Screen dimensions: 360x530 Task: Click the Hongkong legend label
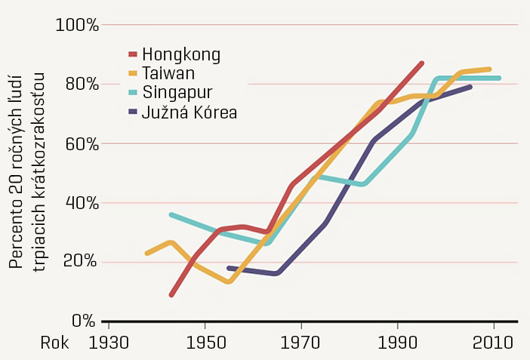[181, 54]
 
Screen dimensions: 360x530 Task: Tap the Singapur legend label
[177, 93]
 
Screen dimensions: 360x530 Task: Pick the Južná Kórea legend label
[190, 112]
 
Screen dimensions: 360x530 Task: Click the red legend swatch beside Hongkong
[134, 54]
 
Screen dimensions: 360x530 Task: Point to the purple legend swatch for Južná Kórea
[134, 112]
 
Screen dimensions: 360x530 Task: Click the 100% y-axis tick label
[78, 25]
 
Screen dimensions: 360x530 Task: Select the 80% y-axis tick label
[81, 84]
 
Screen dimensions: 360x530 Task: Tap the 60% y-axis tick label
[81, 143]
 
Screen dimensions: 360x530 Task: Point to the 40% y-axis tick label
[81, 202]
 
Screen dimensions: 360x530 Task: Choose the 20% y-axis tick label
[81, 262]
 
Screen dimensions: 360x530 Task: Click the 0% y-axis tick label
[85, 321]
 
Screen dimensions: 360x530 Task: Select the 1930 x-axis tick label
[109, 342]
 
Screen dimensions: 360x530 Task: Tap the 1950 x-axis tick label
[205, 342]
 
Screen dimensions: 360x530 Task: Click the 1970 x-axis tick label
[301, 342]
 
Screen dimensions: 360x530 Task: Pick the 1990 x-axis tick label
[398, 342]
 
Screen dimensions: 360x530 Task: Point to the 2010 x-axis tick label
[494, 342]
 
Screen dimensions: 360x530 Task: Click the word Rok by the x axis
[54, 342]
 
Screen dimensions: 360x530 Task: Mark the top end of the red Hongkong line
[422, 63]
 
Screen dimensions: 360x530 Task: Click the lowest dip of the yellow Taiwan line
[228, 282]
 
